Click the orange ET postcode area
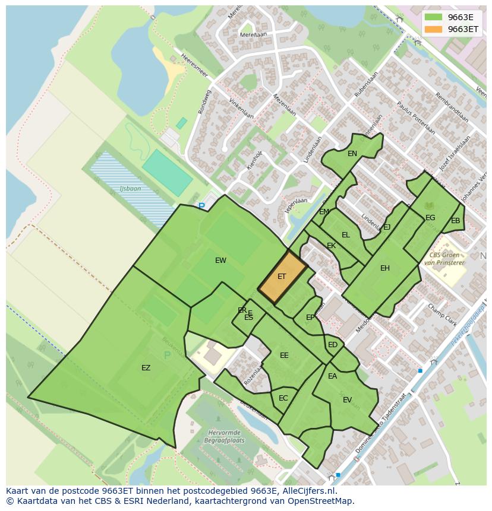coord(282,277)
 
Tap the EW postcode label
coord(220,261)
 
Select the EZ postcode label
coord(146,368)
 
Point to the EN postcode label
coord(352,154)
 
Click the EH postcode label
coord(385,268)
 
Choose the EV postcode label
coord(348,400)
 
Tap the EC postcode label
coord(283,398)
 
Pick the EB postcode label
coord(456,221)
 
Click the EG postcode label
coord(430,218)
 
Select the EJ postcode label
coord(387,227)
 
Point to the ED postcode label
coord(333,345)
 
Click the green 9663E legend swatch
coord(434,17)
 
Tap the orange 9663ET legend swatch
coord(434,29)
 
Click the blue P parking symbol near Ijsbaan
coord(201,207)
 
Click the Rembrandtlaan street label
coord(452,107)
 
